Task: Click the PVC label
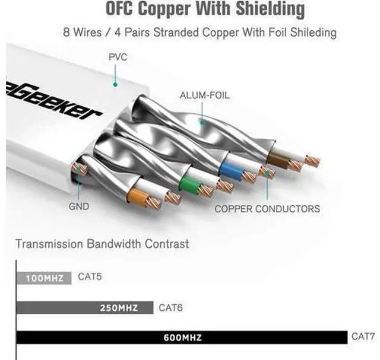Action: pyautogui.click(x=118, y=58)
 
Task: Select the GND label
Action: pyautogui.click(x=78, y=206)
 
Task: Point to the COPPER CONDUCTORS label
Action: pyautogui.click(x=267, y=208)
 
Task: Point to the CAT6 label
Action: pyautogui.click(x=172, y=307)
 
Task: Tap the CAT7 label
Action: pyautogui.click(x=363, y=336)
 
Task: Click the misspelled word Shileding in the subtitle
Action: pyautogui.click(x=310, y=31)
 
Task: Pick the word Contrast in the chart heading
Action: pyautogui.click(x=167, y=244)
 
